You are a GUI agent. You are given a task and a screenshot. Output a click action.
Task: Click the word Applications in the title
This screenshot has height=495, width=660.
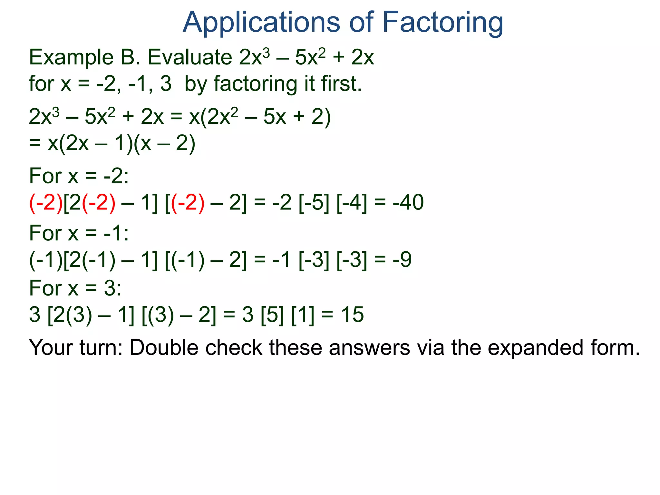261,23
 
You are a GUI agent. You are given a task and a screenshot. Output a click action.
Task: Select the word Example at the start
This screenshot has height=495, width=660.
71,58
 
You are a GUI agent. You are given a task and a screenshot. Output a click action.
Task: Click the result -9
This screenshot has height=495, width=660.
402,259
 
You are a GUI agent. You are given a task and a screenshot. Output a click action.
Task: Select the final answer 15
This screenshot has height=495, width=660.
352,315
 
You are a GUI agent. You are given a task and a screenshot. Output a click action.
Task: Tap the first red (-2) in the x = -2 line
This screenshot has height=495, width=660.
46,203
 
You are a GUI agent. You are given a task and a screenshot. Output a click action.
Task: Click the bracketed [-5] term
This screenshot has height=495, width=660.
314,203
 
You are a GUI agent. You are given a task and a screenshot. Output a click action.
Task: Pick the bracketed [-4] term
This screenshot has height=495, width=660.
352,203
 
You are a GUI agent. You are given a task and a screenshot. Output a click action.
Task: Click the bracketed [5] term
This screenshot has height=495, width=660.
272,315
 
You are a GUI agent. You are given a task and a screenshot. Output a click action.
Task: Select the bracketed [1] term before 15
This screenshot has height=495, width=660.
303,315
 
